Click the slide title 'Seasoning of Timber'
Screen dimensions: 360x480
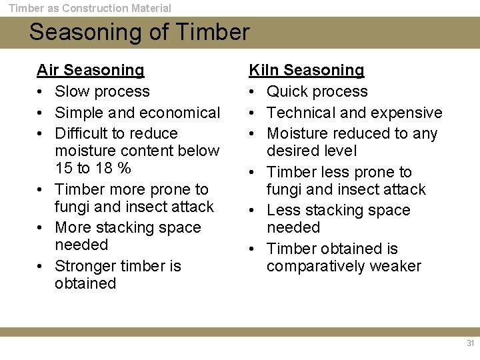pyautogui.click(x=139, y=32)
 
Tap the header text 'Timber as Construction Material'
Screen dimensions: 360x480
pyautogui.click(x=89, y=8)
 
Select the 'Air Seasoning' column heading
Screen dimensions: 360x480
pyautogui.click(x=90, y=70)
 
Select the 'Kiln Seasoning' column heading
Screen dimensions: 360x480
pyautogui.click(x=306, y=70)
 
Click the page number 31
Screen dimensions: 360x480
pyautogui.click(x=470, y=343)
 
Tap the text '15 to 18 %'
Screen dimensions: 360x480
pyautogui.click(x=93, y=168)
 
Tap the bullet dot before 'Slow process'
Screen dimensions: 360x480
pyautogui.click(x=41, y=92)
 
